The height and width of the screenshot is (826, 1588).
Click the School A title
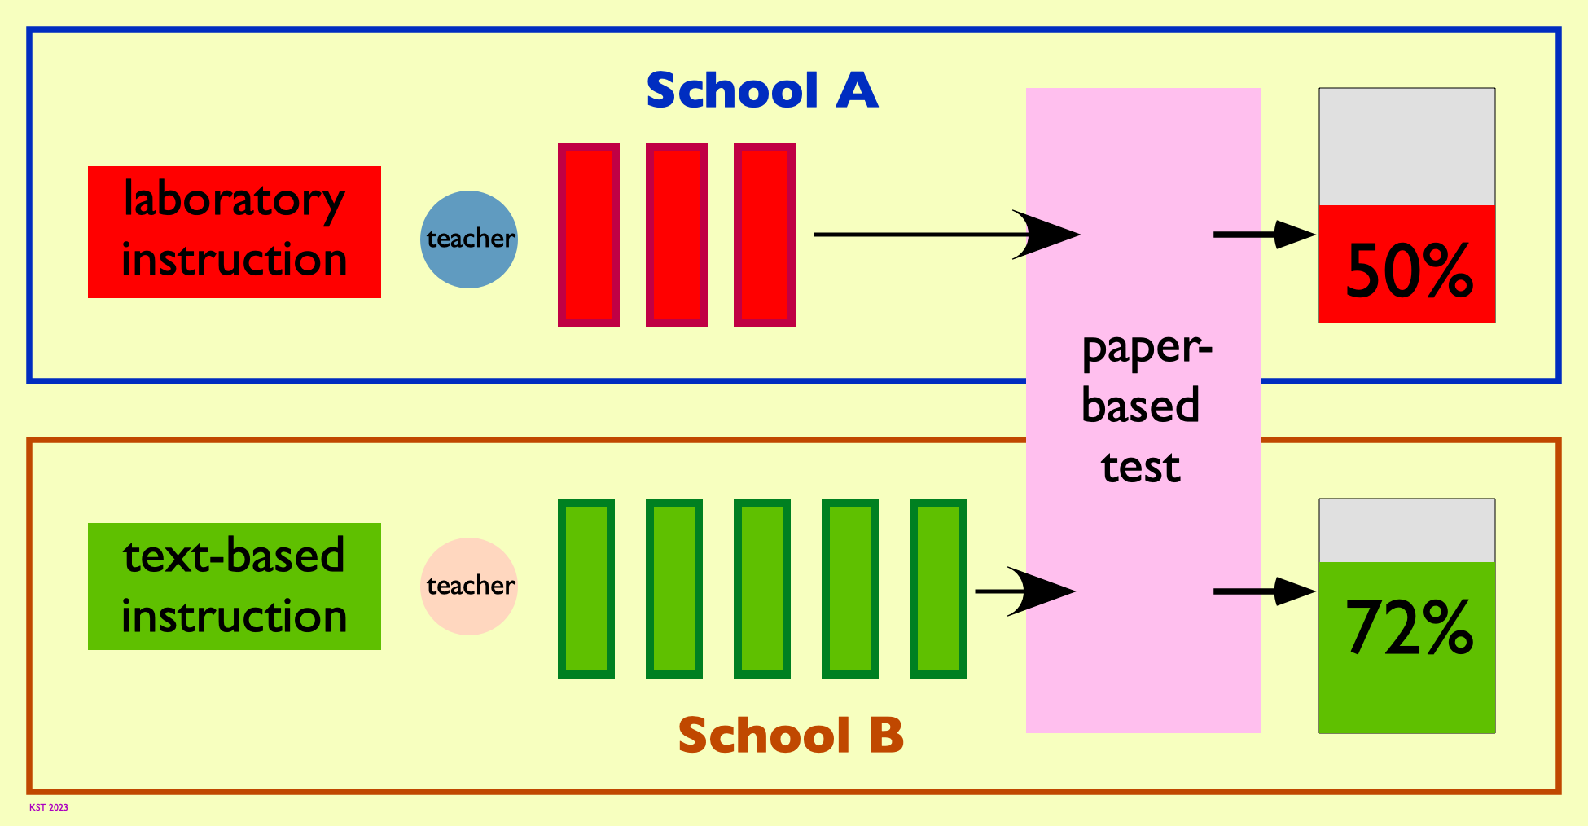pyautogui.click(x=762, y=90)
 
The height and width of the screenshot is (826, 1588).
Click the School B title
pyautogui.click(x=791, y=736)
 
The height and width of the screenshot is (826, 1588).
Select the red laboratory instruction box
pyautogui.click(x=235, y=232)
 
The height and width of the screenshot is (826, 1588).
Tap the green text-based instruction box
pyautogui.click(x=235, y=587)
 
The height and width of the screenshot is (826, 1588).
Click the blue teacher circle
pyautogui.click(x=469, y=239)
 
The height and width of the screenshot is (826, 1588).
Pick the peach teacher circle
pyautogui.click(x=469, y=587)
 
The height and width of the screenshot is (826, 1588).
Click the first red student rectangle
pyautogui.click(x=589, y=235)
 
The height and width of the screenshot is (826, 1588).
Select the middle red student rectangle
pyautogui.click(x=677, y=235)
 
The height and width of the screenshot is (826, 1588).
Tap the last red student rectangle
pyautogui.click(x=765, y=235)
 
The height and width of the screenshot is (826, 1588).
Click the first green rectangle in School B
pyautogui.click(x=586, y=589)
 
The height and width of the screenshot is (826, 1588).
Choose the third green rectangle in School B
pyautogui.click(x=762, y=589)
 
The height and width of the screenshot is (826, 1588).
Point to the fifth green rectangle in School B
pyautogui.click(x=938, y=589)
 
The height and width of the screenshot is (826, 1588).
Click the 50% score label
pyautogui.click(x=1409, y=270)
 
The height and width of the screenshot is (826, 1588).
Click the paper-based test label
pyautogui.click(x=1143, y=407)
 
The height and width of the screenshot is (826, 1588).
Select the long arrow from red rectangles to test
pyautogui.click(x=947, y=235)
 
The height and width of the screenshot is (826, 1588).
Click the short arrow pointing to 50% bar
pyautogui.click(x=1265, y=235)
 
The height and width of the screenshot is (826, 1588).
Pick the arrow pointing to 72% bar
pyautogui.click(x=1265, y=591)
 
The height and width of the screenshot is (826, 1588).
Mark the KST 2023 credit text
pyautogui.click(x=49, y=808)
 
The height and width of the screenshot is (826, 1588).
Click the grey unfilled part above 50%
pyautogui.click(x=1407, y=147)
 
